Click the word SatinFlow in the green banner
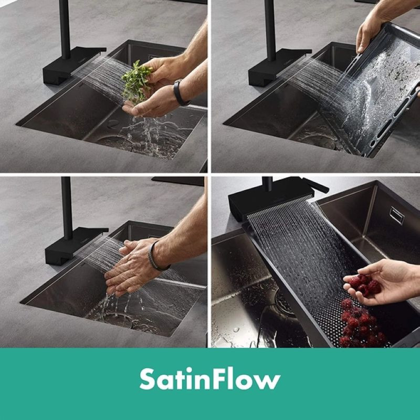point(210,379)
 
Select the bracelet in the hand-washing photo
point(156,256)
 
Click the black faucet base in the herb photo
point(72,65)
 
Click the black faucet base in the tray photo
point(279,67)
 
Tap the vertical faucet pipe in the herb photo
point(65,29)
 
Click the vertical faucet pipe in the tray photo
point(270,30)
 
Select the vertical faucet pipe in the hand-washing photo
point(67,208)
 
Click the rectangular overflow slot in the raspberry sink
point(397,215)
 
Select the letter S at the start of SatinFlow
point(148,379)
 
